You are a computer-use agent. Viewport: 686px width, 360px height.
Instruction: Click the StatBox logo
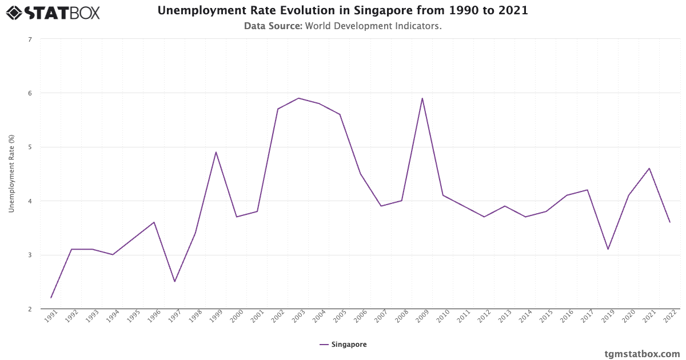53,12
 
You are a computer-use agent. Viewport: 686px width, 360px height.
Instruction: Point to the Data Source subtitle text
342,26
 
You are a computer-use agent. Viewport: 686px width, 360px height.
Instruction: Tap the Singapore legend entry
343,345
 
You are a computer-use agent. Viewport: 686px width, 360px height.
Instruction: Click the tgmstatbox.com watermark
642,354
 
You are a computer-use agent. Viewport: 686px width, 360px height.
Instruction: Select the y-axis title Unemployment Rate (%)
11,174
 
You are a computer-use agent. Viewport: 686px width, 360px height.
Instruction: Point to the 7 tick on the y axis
30,39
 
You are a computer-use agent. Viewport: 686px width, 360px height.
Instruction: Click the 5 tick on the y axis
30,147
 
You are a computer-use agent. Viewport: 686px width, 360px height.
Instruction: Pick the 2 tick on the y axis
30,309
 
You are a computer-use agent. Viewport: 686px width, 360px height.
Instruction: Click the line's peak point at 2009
422,98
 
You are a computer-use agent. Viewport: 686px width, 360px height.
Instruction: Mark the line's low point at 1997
175,282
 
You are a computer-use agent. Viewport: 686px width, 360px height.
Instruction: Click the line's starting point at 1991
51,298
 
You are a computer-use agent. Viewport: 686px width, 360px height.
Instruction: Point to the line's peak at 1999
216,152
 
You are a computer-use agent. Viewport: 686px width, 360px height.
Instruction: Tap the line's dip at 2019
608,249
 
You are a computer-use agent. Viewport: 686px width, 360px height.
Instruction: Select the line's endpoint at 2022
670,222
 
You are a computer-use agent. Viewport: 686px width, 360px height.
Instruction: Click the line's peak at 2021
649,168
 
